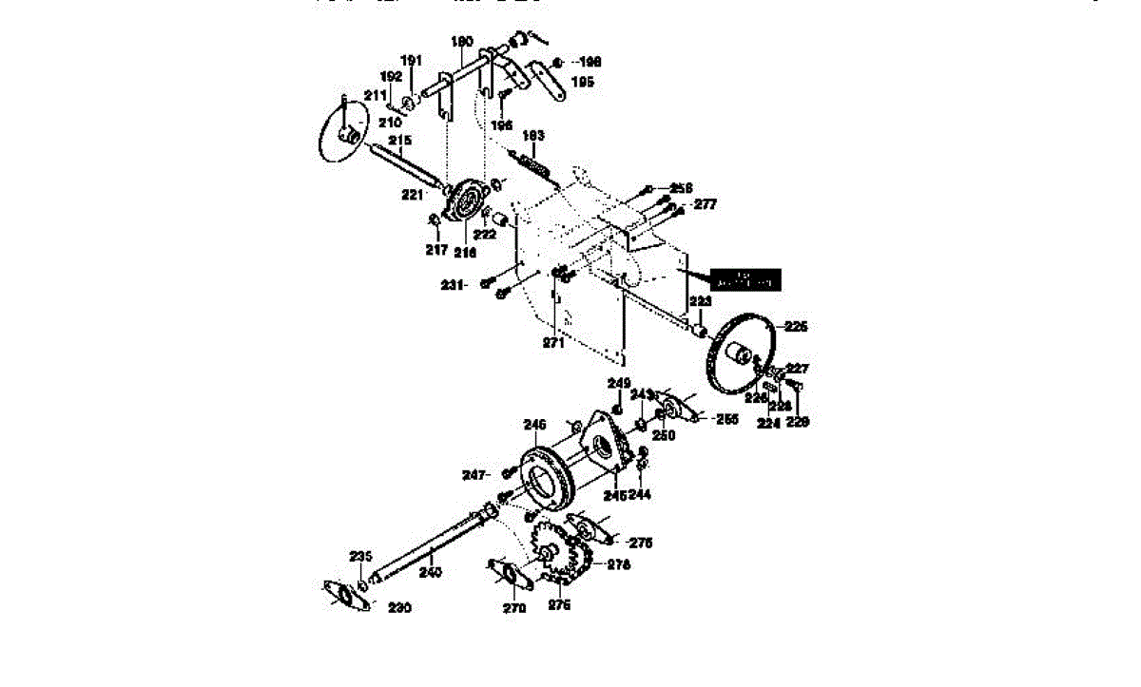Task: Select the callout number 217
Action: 435,250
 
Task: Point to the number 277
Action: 705,203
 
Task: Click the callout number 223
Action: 700,301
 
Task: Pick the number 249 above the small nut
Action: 619,384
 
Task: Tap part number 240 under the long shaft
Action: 431,573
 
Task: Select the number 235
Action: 360,556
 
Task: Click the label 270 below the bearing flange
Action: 513,608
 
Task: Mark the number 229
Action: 797,422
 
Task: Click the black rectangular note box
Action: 746,279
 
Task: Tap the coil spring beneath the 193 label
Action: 533,163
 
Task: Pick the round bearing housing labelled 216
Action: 466,201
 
